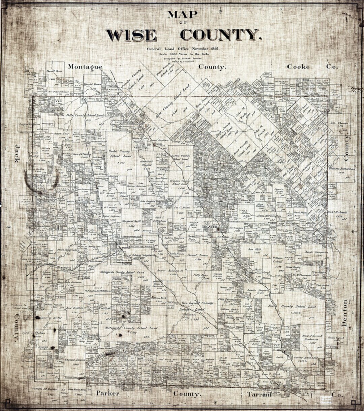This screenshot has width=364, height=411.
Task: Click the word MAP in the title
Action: [182, 15]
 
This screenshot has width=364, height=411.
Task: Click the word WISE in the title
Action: [131, 35]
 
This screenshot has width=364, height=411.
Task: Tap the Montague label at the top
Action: [85, 67]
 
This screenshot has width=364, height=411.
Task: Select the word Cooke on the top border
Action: [298, 66]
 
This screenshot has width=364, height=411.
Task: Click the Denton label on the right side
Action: [344, 313]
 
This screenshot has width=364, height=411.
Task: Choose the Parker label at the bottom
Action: [108, 393]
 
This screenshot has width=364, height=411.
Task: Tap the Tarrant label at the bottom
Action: [259, 394]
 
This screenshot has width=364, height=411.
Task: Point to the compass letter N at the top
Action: [220, 12]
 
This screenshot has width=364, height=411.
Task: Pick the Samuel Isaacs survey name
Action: [197, 255]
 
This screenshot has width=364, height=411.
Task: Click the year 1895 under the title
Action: [213, 49]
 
